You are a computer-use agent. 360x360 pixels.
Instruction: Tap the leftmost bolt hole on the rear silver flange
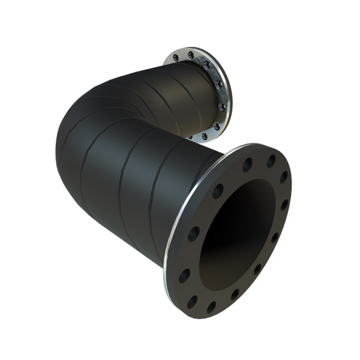tap(176, 58)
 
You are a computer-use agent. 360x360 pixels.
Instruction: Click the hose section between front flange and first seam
tap(180, 192)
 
